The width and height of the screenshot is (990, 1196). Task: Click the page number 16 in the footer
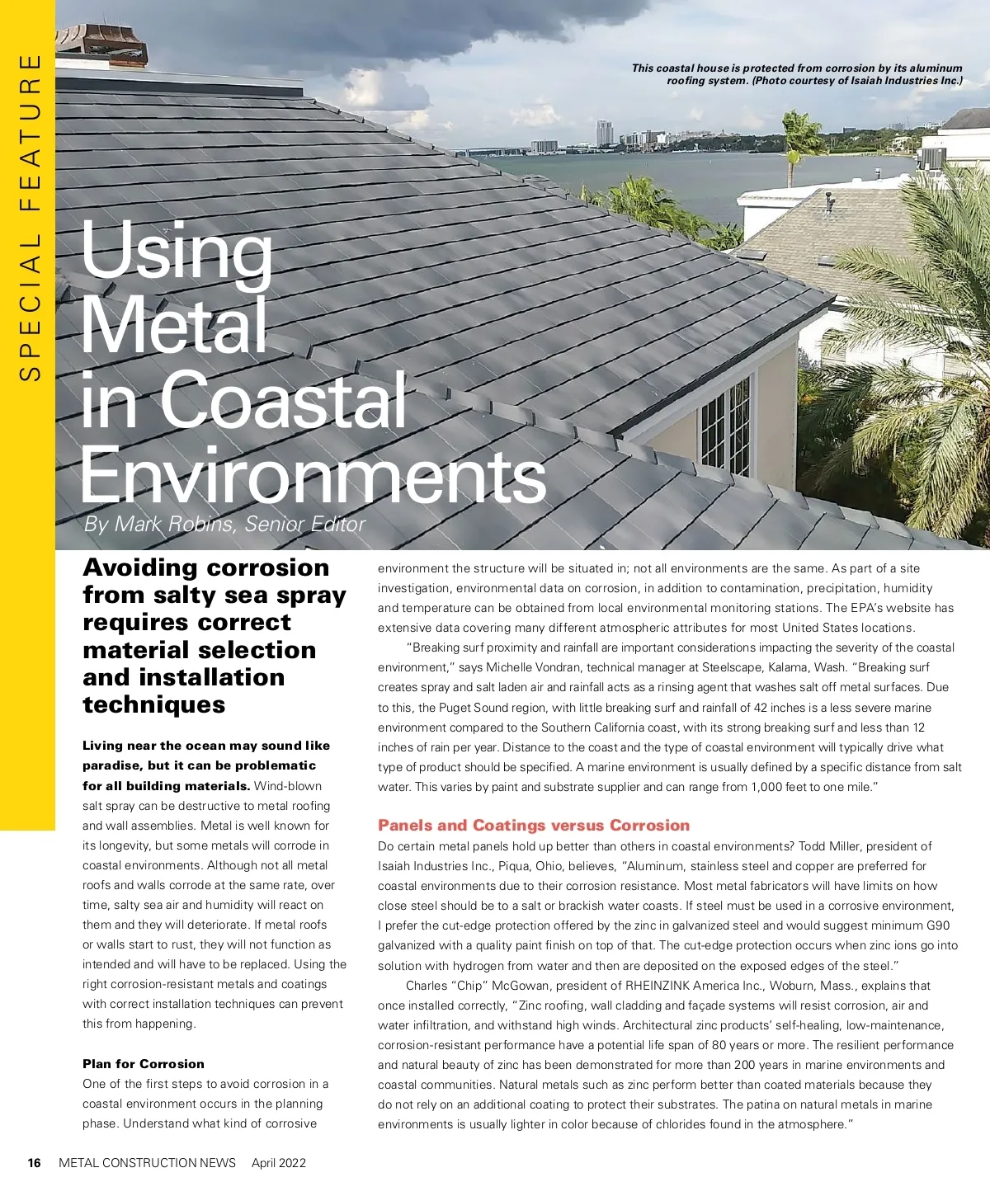(34, 1163)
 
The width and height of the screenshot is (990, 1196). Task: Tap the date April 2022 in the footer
(279, 1163)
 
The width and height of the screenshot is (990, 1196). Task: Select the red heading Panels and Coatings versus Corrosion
(533, 825)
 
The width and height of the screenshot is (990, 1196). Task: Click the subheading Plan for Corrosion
(143, 1064)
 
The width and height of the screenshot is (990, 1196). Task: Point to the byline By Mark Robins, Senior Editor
(224, 525)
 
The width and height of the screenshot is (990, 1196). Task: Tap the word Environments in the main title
(313, 475)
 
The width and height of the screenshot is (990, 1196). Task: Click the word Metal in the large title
(173, 325)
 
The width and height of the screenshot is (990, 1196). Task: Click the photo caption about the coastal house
(797, 74)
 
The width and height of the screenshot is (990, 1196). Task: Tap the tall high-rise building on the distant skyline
(604, 133)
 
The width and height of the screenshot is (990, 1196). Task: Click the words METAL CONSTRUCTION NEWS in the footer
(147, 1163)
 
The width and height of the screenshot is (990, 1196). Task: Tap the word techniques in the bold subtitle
(153, 704)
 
